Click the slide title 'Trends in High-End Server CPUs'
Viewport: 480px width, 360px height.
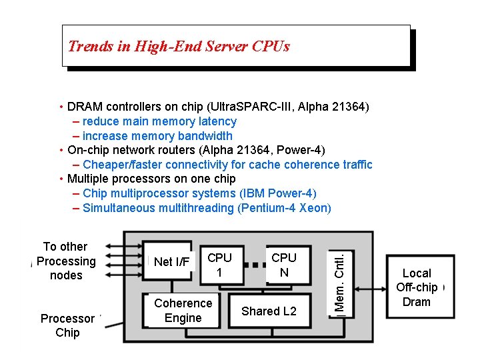tap(179, 46)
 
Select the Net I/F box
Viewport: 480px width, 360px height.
tap(171, 262)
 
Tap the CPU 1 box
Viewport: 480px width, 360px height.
tap(219, 265)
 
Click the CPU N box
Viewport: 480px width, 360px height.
tap(284, 265)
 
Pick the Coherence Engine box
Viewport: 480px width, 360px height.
tap(183, 311)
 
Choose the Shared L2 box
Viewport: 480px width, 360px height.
tap(269, 311)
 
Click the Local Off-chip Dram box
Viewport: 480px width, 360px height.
tap(417, 287)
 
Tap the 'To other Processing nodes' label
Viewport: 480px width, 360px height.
tap(65, 261)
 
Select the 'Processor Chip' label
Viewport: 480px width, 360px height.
tap(67, 325)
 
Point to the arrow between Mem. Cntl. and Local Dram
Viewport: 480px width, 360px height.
tap(371, 288)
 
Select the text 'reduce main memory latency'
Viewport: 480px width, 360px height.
tap(160, 121)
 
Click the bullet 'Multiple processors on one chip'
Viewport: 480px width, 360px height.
tap(151, 179)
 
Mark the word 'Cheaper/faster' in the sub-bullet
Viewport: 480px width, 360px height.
tap(123, 165)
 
